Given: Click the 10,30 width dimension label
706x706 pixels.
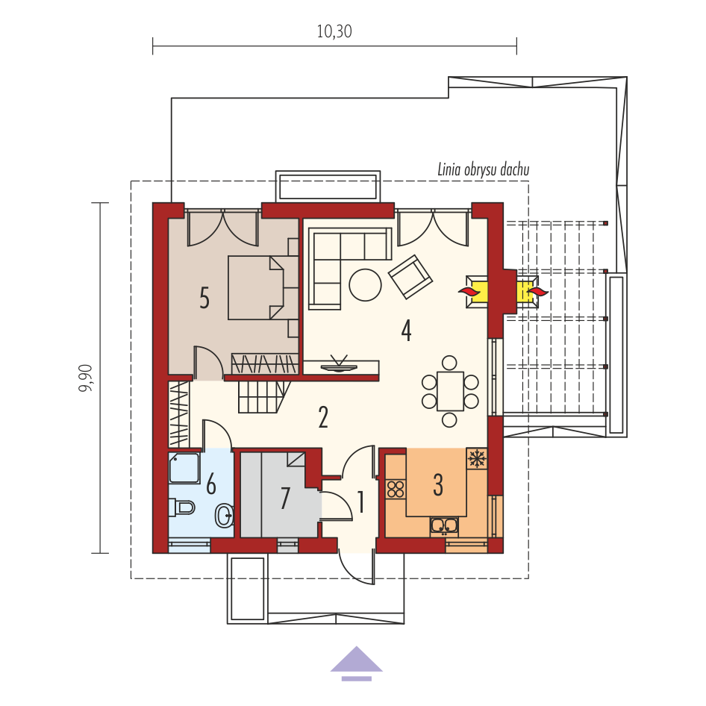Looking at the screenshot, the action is tap(334, 31).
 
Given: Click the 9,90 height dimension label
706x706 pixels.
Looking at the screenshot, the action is tap(86, 378).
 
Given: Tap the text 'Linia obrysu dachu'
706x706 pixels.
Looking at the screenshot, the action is tap(483, 169).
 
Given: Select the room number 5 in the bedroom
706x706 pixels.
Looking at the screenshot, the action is tap(204, 298).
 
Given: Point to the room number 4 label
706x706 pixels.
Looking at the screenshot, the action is tap(406, 331).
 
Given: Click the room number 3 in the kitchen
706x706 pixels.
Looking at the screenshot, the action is tap(438, 485).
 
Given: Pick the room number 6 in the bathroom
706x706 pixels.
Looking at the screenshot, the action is tap(210, 484).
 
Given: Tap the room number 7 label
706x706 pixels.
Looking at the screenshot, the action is tap(285, 498).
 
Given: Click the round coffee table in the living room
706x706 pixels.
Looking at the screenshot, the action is tap(365, 284).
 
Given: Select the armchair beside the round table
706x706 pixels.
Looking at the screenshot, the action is tap(410, 277).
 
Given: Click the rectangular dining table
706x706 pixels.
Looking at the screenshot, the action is tap(450, 391).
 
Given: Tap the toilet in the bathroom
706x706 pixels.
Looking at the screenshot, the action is tap(181, 507).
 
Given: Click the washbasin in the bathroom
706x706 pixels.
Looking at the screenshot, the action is tap(224, 516).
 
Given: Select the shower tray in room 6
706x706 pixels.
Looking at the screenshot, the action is tap(184, 468).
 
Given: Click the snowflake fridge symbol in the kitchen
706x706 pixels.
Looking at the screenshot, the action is tap(477, 459).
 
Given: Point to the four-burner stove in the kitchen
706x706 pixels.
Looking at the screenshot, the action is tap(396, 490).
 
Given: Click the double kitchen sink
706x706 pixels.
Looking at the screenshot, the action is tap(444, 526).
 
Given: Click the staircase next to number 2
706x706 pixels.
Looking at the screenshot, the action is tap(263, 397).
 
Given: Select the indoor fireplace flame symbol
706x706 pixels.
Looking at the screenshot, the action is tap(470, 291).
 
